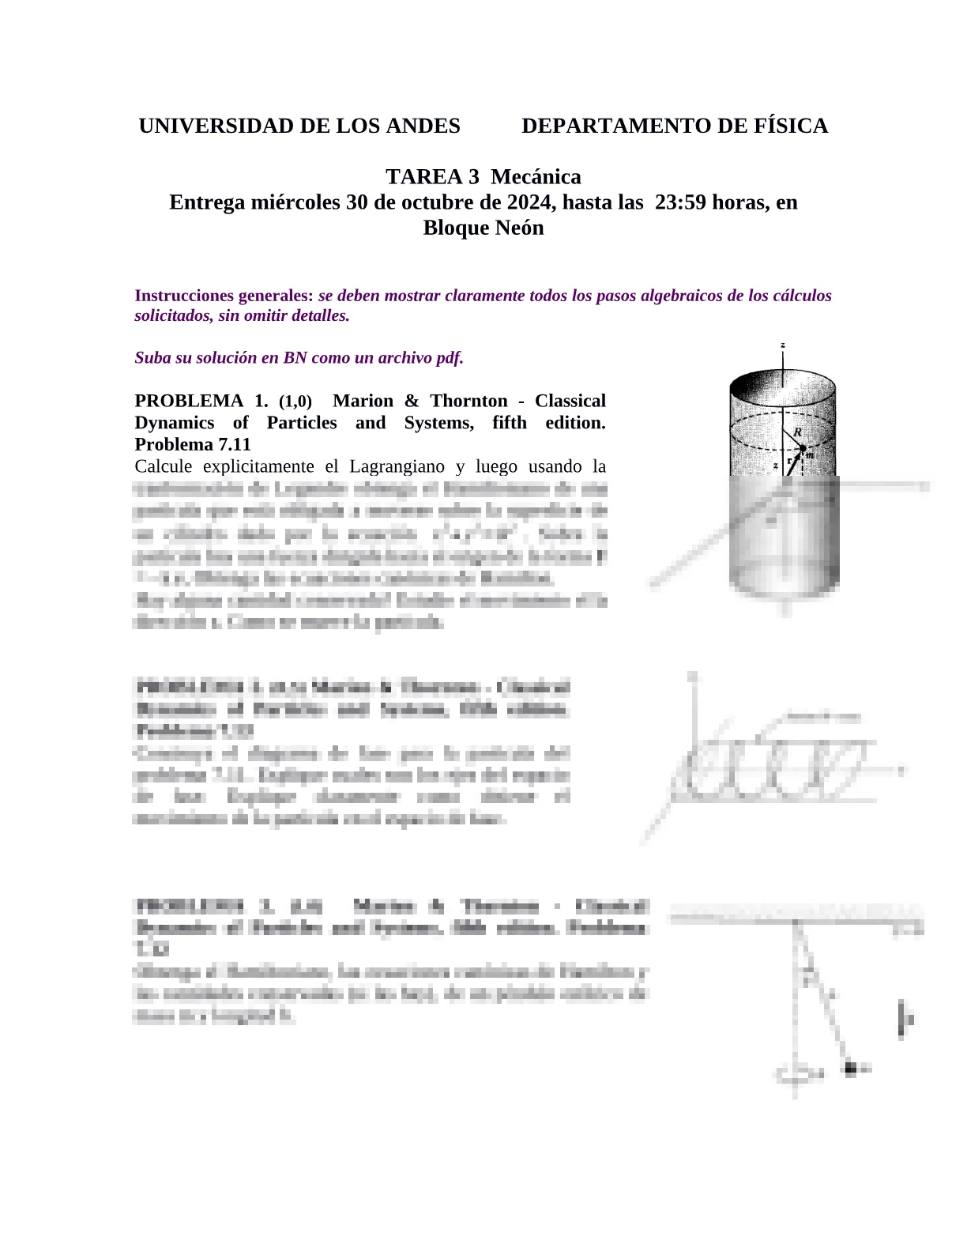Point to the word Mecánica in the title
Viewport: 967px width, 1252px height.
536,177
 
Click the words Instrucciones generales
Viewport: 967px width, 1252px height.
224,296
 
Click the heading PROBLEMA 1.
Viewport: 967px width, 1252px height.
201,401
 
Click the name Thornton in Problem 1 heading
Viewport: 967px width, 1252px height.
469,401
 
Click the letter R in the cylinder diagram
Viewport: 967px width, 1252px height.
798,432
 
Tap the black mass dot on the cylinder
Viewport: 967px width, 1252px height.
802,449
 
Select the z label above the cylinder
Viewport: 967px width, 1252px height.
782,345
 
